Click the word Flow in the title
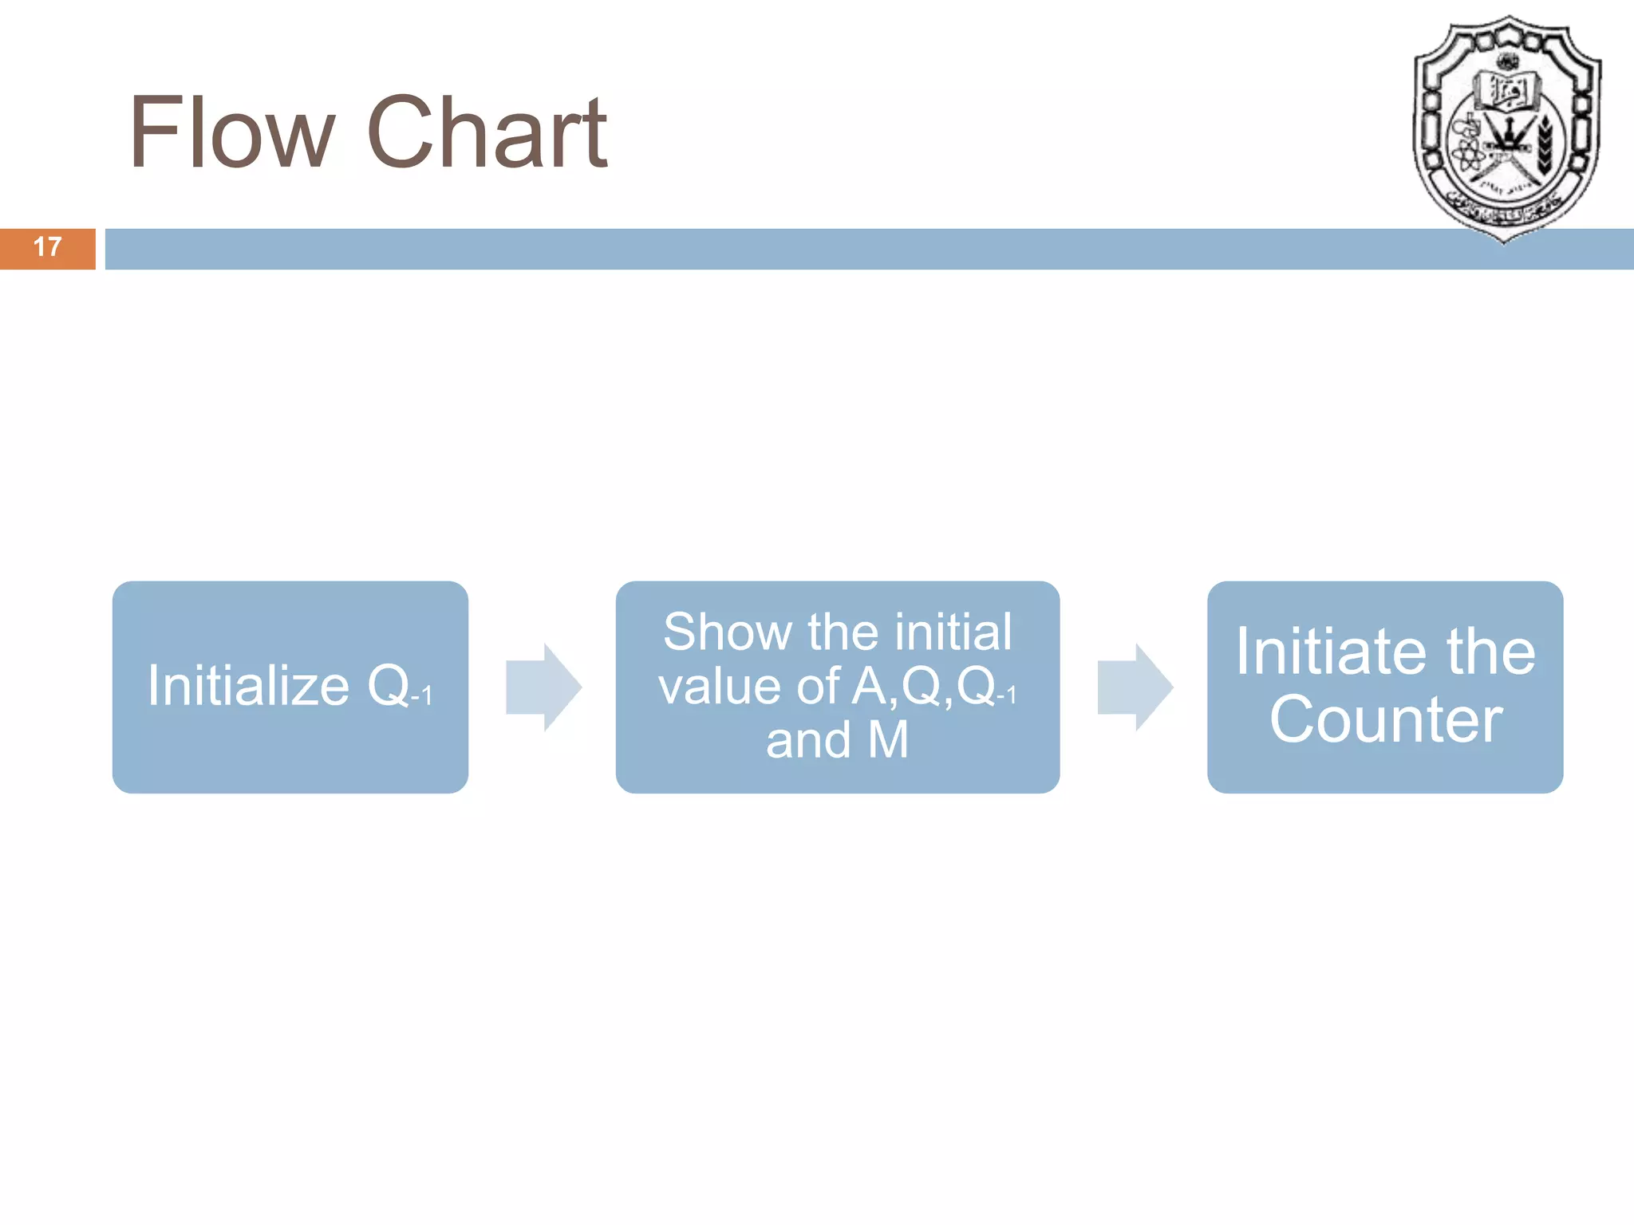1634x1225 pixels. pyautogui.click(x=231, y=132)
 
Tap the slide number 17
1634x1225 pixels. pyautogui.click(x=48, y=247)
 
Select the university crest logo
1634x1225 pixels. pyautogui.click(x=1506, y=128)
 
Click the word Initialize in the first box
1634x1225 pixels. pyautogui.click(x=248, y=686)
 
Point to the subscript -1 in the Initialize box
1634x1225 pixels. pyautogui.click(x=422, y=696)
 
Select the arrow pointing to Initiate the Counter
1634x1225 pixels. pyautogui.click(x=1135, y=687)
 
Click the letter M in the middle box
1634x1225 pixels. pyautogui.click(x=888, y=740)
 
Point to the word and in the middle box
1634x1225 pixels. pyautogui.click(x=808, y=740)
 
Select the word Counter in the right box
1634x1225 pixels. pyautogui.click(x=1386, y=720)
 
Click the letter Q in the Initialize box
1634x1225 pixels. pyautogui.click(x=389, y=686)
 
